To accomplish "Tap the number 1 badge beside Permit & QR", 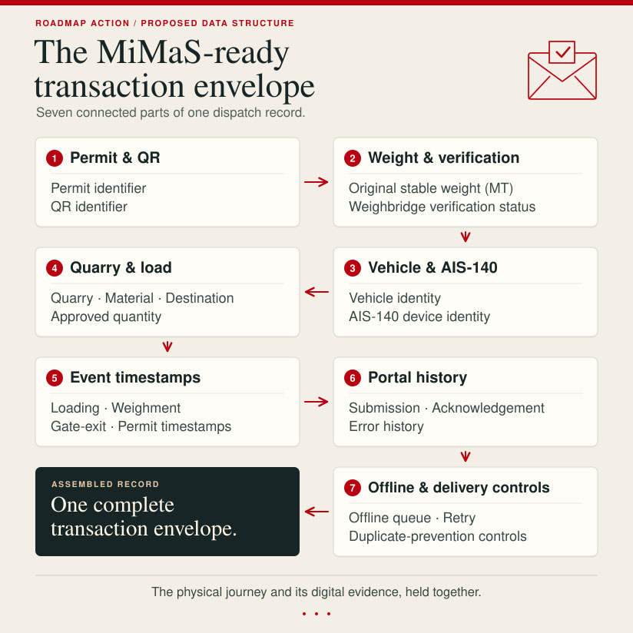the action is click(55, 158).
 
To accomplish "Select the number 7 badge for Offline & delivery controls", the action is click(353, 488).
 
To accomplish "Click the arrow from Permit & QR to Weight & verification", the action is click(316, 182).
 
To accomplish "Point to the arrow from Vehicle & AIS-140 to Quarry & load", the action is click(316, 292).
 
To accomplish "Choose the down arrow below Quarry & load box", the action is click(167, 346).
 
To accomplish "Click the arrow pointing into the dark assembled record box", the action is click(316, 512).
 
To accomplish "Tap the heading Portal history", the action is click(417, 377).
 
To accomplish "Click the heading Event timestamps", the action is click(135, 377).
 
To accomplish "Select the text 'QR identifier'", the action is click(89, 207).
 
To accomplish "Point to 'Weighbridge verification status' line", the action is click(442, 207).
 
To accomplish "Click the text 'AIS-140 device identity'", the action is click(419, 316).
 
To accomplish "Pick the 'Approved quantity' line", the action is click(106, 317).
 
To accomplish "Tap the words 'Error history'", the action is click(386, 426).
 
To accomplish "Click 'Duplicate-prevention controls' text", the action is click(438, 536).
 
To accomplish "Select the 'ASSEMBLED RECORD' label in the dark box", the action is click(105, 484).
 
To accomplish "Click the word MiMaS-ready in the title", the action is click(193, 52).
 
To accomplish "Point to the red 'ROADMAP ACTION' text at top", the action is click(82, 23).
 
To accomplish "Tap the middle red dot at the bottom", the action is click(316, 614).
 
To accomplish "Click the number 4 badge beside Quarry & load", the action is click(55, 268).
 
